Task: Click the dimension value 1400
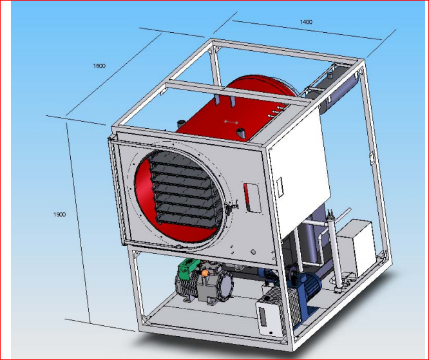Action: pos(306,22)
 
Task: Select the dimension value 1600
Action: pos(99,66)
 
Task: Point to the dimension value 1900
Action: pos(59,214)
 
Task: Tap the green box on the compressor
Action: pos(188,267)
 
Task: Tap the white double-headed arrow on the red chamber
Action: pos(231,122)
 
